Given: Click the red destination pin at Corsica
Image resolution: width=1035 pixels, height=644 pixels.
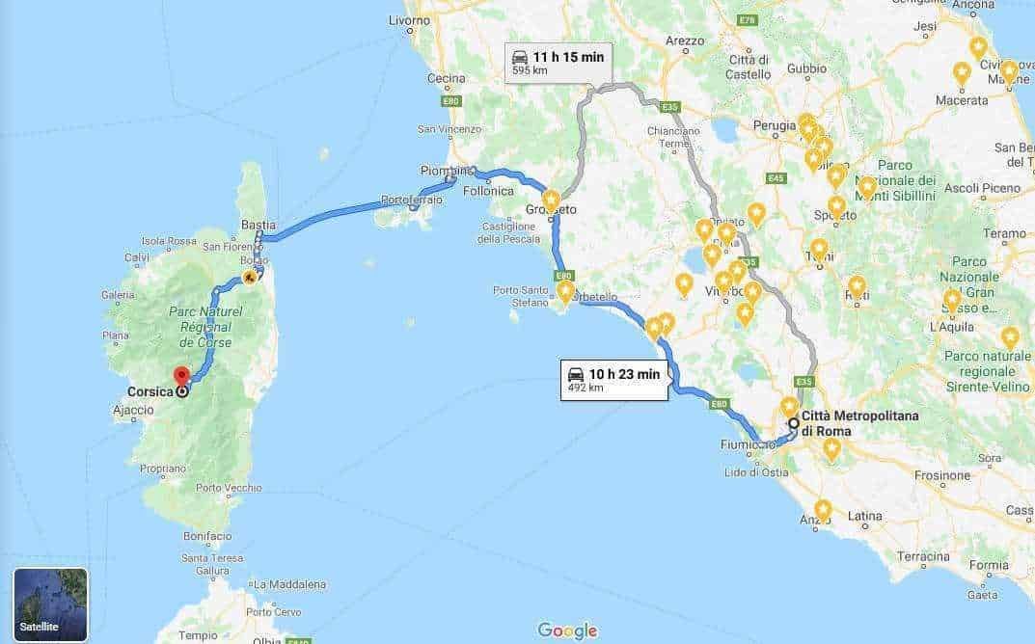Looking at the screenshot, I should (180, 376).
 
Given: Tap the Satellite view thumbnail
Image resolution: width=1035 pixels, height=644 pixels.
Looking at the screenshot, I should (50, 604).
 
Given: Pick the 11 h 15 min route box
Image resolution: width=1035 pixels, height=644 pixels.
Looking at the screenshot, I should (558, 63).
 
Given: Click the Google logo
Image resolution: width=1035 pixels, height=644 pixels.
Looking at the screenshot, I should (567, 631).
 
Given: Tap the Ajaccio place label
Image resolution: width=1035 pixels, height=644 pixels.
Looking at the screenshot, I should (133, 410).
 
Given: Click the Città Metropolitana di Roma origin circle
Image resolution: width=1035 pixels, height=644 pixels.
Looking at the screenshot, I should (793, 423).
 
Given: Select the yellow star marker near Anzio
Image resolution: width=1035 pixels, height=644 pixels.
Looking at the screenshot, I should (823, 508).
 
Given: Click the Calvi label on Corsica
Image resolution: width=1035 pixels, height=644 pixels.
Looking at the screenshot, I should (136, 257).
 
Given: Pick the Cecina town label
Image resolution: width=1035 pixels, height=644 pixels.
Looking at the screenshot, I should (446, 78).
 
